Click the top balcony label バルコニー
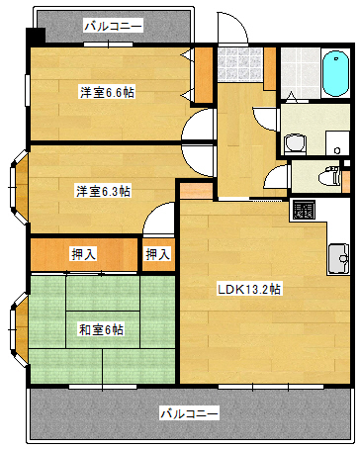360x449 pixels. click(x=113, y=25)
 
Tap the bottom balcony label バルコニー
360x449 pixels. click(x=190, y=412)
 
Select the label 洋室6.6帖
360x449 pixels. click(x=108, y=92)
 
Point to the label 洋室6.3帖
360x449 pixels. click(x=104, y=191)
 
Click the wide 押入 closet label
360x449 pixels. click(x=84, y=254)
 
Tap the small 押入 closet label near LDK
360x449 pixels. click(x=157, y=254)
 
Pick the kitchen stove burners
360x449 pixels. click(x=303, y=210)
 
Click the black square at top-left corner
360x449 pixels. click(x=36, y=37)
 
